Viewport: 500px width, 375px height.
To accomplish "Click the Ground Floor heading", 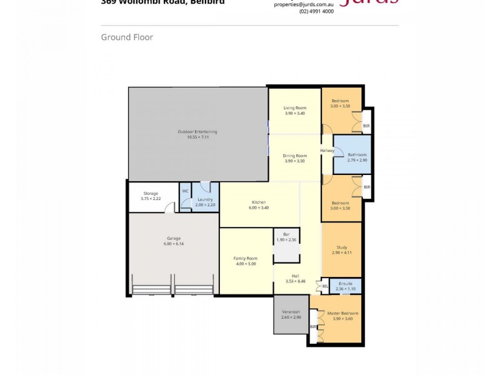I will pyautogui.click(x=127, y=37).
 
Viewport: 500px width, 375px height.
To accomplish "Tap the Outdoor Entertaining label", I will pyautogui.click(x=197, y=131).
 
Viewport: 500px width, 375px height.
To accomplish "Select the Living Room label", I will pyautogui.click(x=294, y=108).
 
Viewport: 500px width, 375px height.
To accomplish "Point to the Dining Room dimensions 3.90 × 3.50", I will pyautogui.click(x=294, y=161).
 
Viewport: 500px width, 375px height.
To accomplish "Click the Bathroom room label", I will pyautogui.click(x=357, y=154).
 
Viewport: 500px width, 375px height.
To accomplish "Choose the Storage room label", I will pyautogui.click(x=151, y=193).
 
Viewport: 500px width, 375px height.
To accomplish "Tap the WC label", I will pyautogui.click(x=185, y=191).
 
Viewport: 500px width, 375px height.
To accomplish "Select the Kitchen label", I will pyautogui.click(x=259, y=202).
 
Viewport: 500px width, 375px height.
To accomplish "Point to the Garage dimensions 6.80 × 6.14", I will pyautogui.click(x=173, y=243).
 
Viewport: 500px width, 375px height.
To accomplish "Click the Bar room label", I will pyautogui.click(x=286, y=234).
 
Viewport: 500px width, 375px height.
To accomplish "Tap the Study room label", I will pyautogui.click(x=341, y=247).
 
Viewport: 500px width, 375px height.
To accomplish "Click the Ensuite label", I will pyautogui.click(x=346, y=284).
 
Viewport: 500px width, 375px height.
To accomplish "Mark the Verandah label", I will pyautogui.click(x=291, y=312).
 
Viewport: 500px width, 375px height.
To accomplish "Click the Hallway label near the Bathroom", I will pyautogui.click(x=327, y=151).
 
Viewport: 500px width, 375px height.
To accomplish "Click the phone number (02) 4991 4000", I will pyautogui.click(x=316, y=11).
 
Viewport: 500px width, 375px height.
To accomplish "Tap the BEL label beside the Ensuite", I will pyautogui.click(x=325, y=287).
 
